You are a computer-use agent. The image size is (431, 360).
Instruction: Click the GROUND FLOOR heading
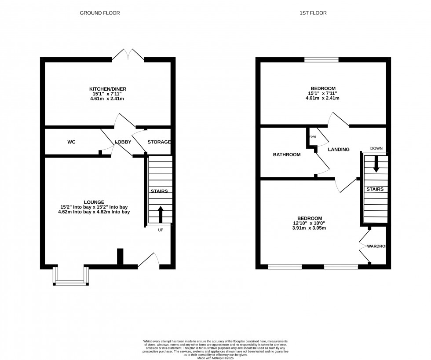99,13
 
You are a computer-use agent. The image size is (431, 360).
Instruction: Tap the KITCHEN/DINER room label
108,89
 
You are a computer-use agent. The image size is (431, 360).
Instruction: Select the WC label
71,142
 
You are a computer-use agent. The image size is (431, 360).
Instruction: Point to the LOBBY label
123,142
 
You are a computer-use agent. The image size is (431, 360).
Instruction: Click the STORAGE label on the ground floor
159,142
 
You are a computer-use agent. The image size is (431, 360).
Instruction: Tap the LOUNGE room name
94,202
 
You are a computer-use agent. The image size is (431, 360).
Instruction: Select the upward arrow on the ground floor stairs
160,214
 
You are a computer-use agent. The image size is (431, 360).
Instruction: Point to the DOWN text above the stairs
376,149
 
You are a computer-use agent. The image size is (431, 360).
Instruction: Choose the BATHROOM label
287,155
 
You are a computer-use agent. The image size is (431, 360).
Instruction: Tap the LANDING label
339,150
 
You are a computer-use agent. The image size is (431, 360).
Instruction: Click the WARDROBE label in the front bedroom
377,246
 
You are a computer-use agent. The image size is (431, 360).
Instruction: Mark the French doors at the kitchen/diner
128,55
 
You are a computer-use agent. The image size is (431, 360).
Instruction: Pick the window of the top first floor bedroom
321,60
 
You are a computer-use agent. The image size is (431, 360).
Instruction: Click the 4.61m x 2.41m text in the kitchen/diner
108,99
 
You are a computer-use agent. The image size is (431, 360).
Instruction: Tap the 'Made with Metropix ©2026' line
215,358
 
